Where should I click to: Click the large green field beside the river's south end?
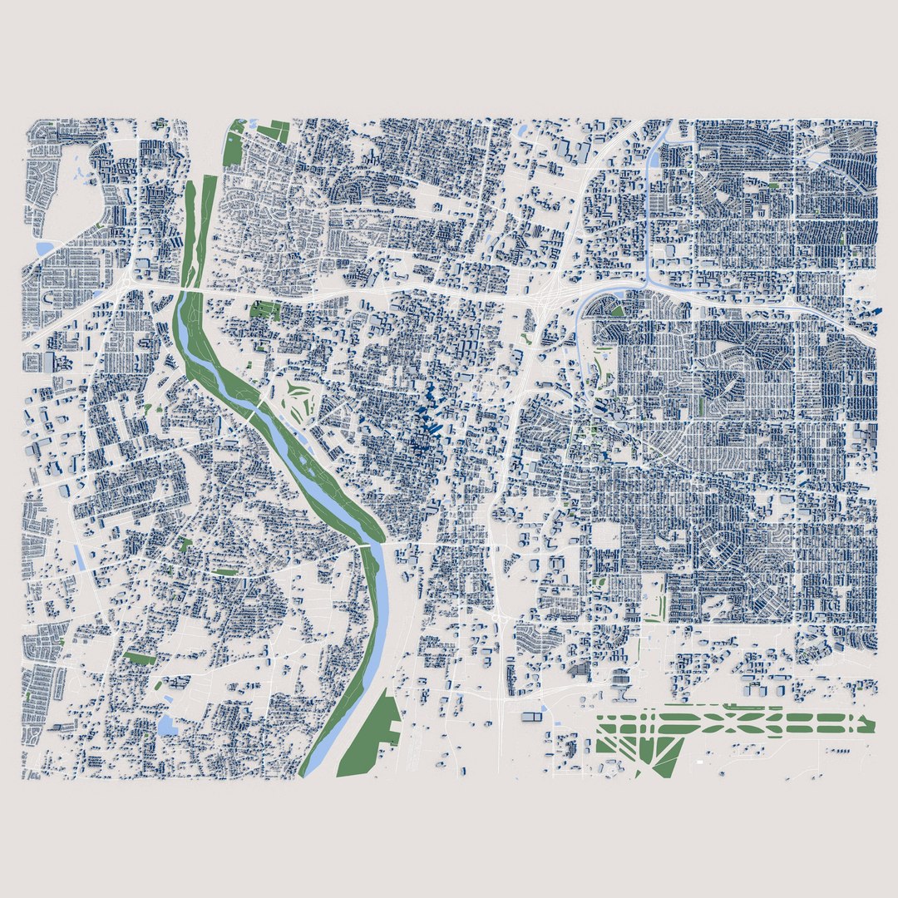[x=370, y=736]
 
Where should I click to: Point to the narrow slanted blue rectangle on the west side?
[x=80, y=556]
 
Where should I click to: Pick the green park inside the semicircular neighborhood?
[x=617, y=311]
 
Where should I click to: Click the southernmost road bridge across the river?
[x=365, y=545]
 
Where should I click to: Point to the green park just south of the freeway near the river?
[x=265, y=310]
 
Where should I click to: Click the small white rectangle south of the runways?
[x=699, y=762]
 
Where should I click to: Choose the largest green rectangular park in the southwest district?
[x=140, y=657]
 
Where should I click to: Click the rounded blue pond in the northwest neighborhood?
[x=43, y=248]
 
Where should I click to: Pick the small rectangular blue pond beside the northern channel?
[x=669, y=250]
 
